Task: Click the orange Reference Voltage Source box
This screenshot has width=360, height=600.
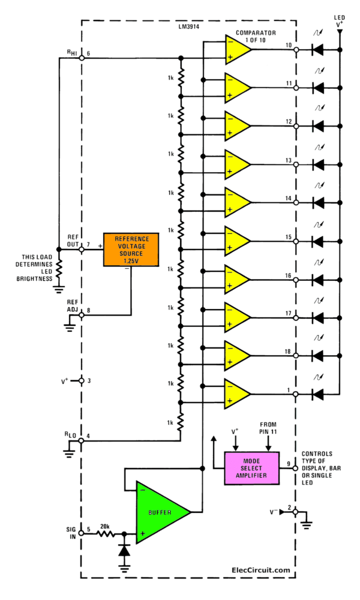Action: [x=131, y=248]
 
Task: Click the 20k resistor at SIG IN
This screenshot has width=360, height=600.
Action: [x=107, y=533]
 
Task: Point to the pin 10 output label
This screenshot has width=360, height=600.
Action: [x=288, y=45]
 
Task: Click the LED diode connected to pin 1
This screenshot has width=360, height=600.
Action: [x=318, y=394]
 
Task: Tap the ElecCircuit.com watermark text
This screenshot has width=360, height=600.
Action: [x=260, y=570]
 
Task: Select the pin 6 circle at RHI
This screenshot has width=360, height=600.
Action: [x=81, y=58]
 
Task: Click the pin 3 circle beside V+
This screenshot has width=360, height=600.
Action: [x=81, y=380]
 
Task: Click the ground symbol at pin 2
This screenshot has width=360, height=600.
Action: [x=306, y=523]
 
